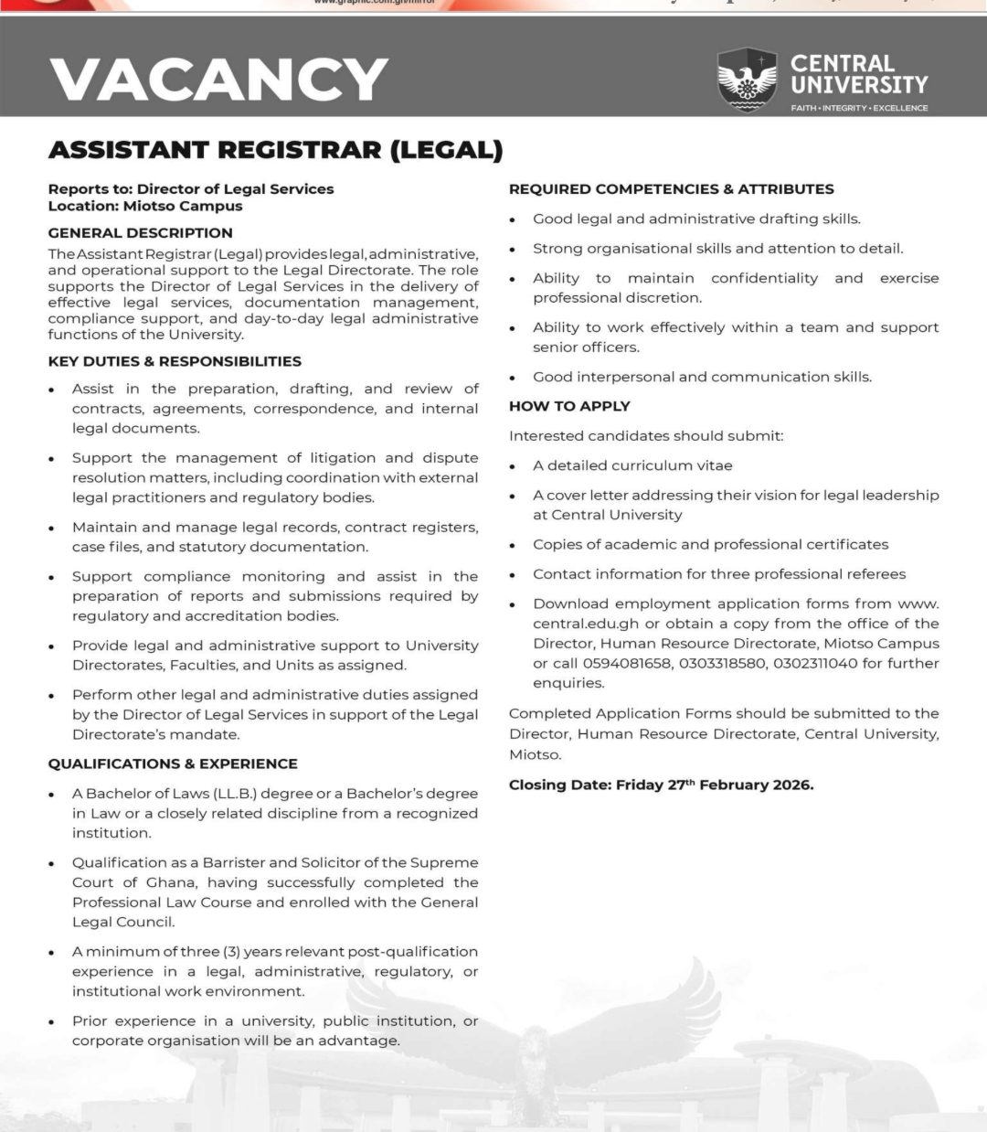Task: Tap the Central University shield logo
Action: (747, 80)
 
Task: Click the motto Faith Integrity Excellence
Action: (859, 108)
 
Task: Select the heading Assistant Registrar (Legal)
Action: (275, 150)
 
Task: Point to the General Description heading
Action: (140, 233)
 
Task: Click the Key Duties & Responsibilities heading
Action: (175, 361)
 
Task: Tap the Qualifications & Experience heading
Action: (173, 764)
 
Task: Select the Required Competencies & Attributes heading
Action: (671, 189)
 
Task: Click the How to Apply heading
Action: (569, 406)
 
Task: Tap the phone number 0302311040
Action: (815, 663)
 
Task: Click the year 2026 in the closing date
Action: (789, 785)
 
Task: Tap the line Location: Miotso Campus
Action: (144, 207)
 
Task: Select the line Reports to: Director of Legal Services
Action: (191, 189)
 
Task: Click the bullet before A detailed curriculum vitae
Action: (514, 466)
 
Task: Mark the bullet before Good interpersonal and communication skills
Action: (514, 378)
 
